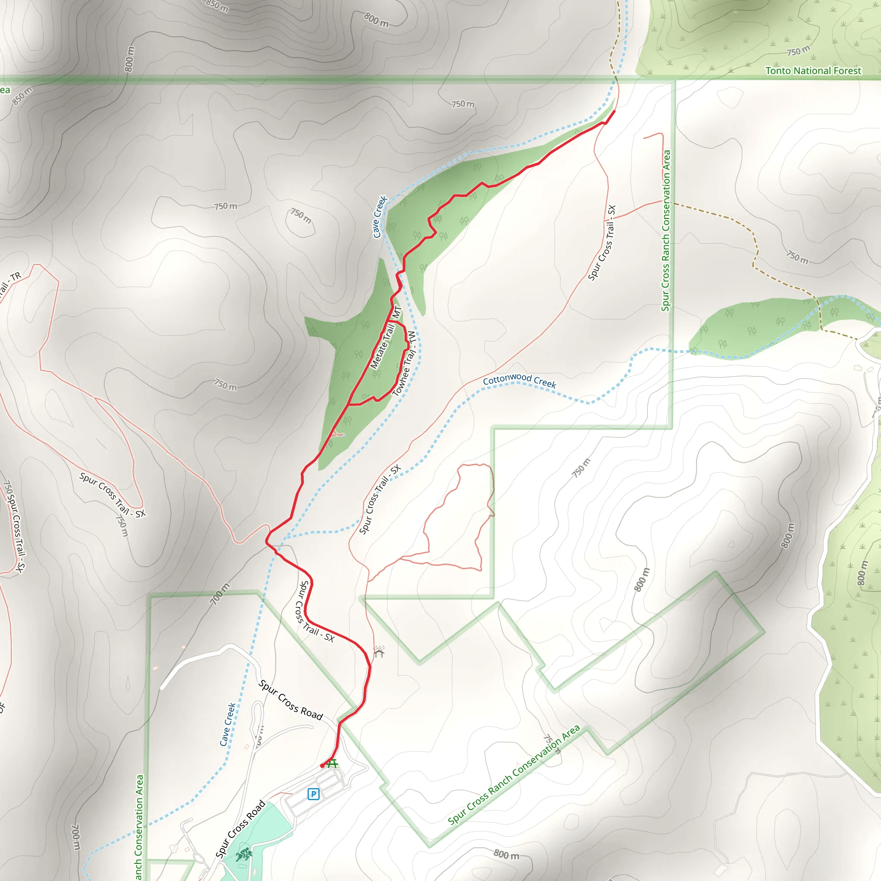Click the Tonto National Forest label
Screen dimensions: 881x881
click(813, 71)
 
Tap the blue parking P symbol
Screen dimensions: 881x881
click(313, 794)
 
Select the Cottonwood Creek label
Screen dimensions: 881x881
click(519, 380)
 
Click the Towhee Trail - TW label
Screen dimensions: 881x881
click(404, 363)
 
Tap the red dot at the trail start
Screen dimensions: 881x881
click(322, 766)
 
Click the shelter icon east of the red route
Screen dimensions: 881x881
click(379, 652)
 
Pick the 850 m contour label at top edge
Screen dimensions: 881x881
click(217, 6)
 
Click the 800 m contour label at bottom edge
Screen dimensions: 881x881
click(506, 854)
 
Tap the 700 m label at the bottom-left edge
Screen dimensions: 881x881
click(76, 837)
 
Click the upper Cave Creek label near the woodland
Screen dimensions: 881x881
click(379, 217)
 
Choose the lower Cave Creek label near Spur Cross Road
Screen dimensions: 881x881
click(228, 724)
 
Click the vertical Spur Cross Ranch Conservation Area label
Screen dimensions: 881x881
click(666, 231)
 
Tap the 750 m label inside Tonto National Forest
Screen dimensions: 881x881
click(798, 51)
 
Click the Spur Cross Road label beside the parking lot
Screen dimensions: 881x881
click(240, 829)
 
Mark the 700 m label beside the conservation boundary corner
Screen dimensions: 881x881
click(220, 594)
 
